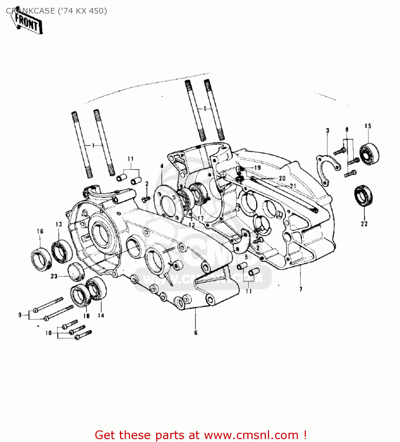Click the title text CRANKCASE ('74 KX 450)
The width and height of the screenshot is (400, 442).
point(56,11)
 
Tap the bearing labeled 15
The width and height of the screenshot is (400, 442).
point(369,154)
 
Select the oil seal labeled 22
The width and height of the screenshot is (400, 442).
point(363,195)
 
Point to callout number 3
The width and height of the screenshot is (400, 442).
point(327,130)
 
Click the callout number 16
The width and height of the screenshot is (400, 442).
point(40,231)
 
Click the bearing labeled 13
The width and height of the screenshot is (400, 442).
point(62,251)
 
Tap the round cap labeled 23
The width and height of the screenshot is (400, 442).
point(76,271)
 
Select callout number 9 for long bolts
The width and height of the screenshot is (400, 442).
point(20,315)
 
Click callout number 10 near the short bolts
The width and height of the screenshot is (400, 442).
point(49,333)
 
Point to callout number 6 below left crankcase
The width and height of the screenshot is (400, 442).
point(196,333)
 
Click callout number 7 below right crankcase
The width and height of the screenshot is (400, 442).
point(301,289)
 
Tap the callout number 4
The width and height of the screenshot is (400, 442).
point(162,166)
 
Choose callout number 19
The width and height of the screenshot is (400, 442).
point(257,168)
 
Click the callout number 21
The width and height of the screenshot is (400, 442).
point(293,186)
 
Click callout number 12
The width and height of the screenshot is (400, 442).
point(192,225)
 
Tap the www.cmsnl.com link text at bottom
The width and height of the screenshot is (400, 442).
point(251,435)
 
